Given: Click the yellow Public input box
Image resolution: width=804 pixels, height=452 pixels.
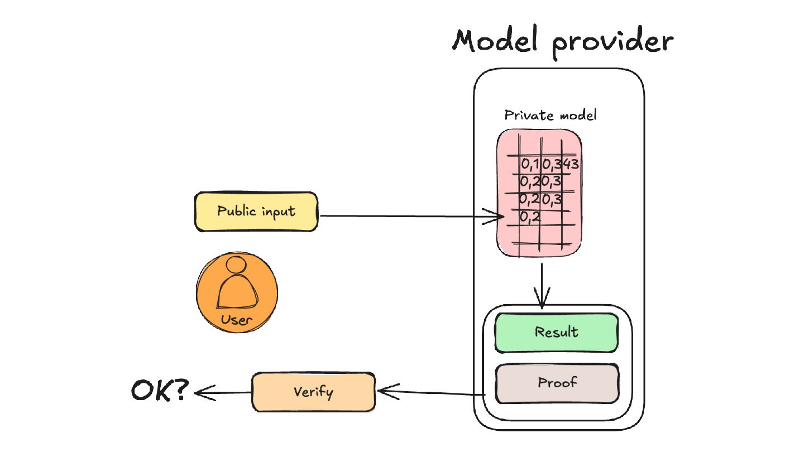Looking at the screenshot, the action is [x=256, y=211].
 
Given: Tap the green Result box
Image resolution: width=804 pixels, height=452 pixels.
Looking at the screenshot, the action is [x=556, y=333].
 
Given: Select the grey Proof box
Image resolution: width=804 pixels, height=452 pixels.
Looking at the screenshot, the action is [x=557, y=383].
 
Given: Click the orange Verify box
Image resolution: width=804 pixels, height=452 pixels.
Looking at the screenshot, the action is [x=313, y=392].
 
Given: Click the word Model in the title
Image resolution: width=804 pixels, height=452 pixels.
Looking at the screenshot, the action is [x=495, y=40].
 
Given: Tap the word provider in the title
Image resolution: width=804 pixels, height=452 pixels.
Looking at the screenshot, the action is [x=612, y=43].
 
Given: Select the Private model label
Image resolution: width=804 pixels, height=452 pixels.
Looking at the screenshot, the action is [x=551, y=115].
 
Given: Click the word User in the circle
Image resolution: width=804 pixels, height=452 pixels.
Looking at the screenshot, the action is [x=236, y=320].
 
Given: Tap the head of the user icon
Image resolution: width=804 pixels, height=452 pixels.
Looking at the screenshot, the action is [x=236, y=265].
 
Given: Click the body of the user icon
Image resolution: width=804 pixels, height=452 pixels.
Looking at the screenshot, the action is [x=237, y=292].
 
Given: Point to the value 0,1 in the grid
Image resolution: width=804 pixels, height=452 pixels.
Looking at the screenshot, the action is [x=530, y=164].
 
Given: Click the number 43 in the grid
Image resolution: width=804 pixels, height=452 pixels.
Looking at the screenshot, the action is [x=571, y=164].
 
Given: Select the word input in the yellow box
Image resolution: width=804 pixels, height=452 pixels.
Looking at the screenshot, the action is [x=279, y=211].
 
